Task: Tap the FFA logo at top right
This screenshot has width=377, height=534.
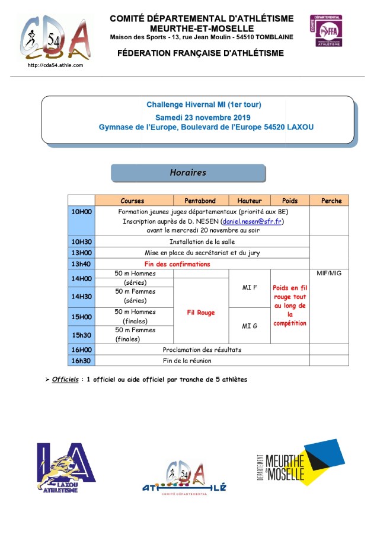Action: [325, 31]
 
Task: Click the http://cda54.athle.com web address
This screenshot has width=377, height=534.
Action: [55, 65]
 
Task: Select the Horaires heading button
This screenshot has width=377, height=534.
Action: [188, 173]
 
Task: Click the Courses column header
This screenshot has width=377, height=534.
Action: [132, 201]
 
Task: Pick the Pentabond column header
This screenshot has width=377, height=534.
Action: [200, 201]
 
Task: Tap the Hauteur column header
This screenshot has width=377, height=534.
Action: [250, 201]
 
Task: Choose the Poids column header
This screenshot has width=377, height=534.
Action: [290, 201]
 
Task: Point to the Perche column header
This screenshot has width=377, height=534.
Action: [331, 201]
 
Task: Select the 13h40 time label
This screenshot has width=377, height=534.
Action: [81, 264]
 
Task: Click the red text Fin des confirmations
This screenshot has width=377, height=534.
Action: [177, 264]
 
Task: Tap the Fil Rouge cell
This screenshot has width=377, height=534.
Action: [200, 312]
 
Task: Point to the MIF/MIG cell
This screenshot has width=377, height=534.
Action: [330, 274]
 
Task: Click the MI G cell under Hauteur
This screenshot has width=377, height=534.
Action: [250, 326]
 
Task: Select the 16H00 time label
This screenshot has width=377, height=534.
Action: [81, 349]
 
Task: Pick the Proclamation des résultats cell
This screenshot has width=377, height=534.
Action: [202, 349]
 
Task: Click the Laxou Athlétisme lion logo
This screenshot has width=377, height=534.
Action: [66, 467]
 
